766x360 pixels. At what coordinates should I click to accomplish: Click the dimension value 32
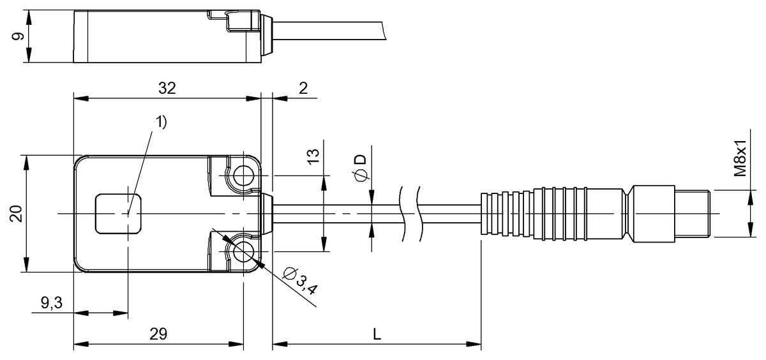[x=167, y=88]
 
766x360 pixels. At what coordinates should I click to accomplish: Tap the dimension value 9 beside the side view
[x=18, y=36]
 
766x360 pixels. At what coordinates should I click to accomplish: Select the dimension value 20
[x=16, y=214]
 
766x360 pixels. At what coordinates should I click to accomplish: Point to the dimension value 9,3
[x=52, y=303]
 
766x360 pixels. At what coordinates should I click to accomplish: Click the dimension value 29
[x=158, y=334]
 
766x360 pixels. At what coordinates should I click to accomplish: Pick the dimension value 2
[x=303, y=88]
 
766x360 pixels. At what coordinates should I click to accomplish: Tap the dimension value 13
[x=313, y=157]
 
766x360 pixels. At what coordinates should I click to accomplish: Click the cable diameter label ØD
[x=361, y=169]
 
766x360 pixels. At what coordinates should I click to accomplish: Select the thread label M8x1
[x=740, y=158]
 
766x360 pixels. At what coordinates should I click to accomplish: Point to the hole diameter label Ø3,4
[x=301, y=280]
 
